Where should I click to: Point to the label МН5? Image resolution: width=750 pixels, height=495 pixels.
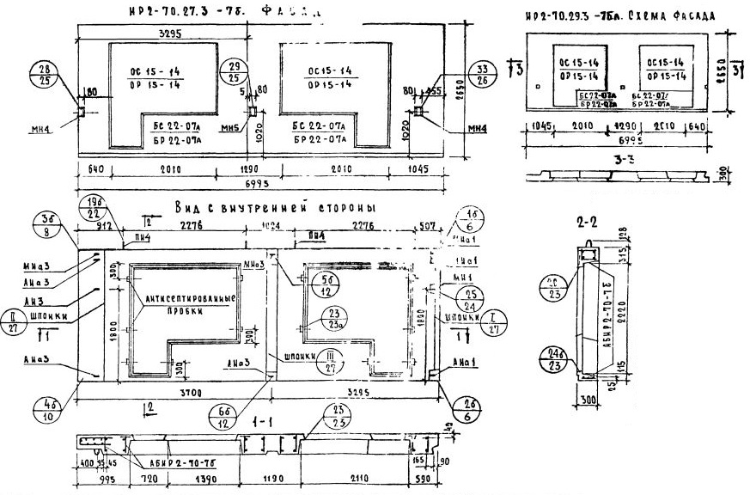[x=228, y=129]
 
